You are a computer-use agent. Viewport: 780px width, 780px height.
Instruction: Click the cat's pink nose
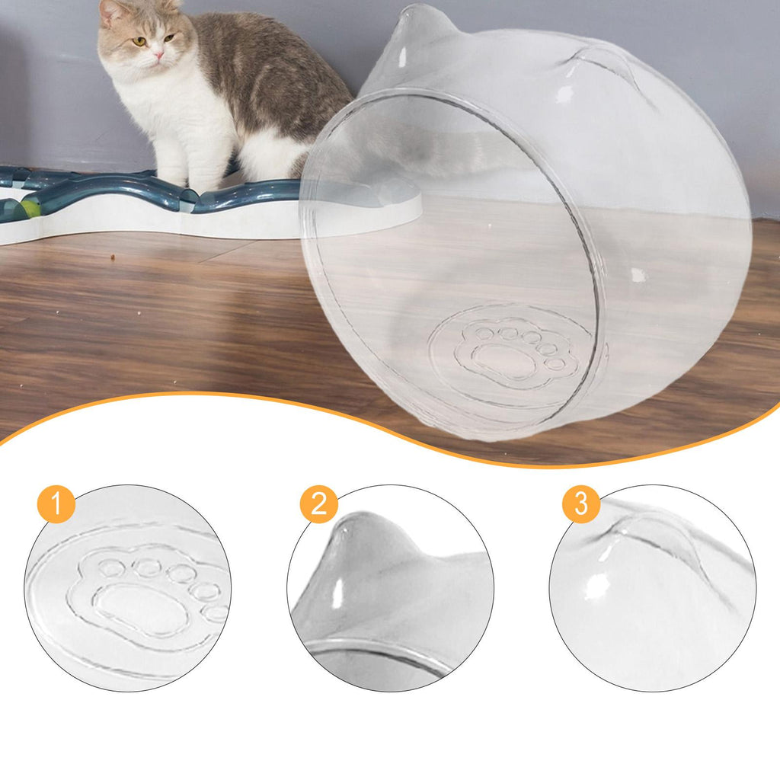pyautogui.click(x=158, y=54)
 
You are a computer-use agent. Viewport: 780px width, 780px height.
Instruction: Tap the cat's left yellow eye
pyautogui.click(x=140, y=42)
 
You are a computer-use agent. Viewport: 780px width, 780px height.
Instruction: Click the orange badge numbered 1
pyautogui.click(x=56, y=504)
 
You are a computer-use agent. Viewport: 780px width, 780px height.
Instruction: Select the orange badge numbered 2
pyautogui.click(x=319, y=504)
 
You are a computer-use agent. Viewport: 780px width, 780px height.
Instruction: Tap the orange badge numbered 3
pyautogui.click(x=581, y=504)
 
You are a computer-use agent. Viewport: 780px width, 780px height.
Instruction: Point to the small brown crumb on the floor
pyautogui.click(x=113, y=257)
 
